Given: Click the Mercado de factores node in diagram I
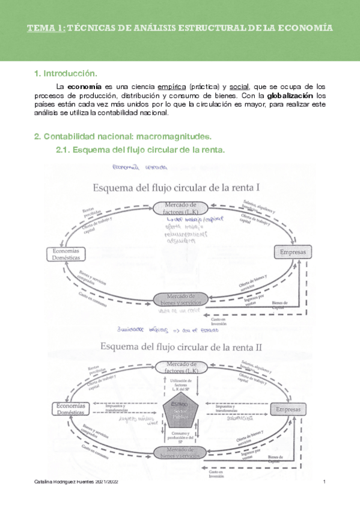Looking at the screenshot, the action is click(180, 208).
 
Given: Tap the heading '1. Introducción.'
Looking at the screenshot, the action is click(66, 73).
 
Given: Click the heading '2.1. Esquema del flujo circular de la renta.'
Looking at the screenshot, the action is click(139, 150).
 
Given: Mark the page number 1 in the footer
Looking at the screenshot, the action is click(324, 483).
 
